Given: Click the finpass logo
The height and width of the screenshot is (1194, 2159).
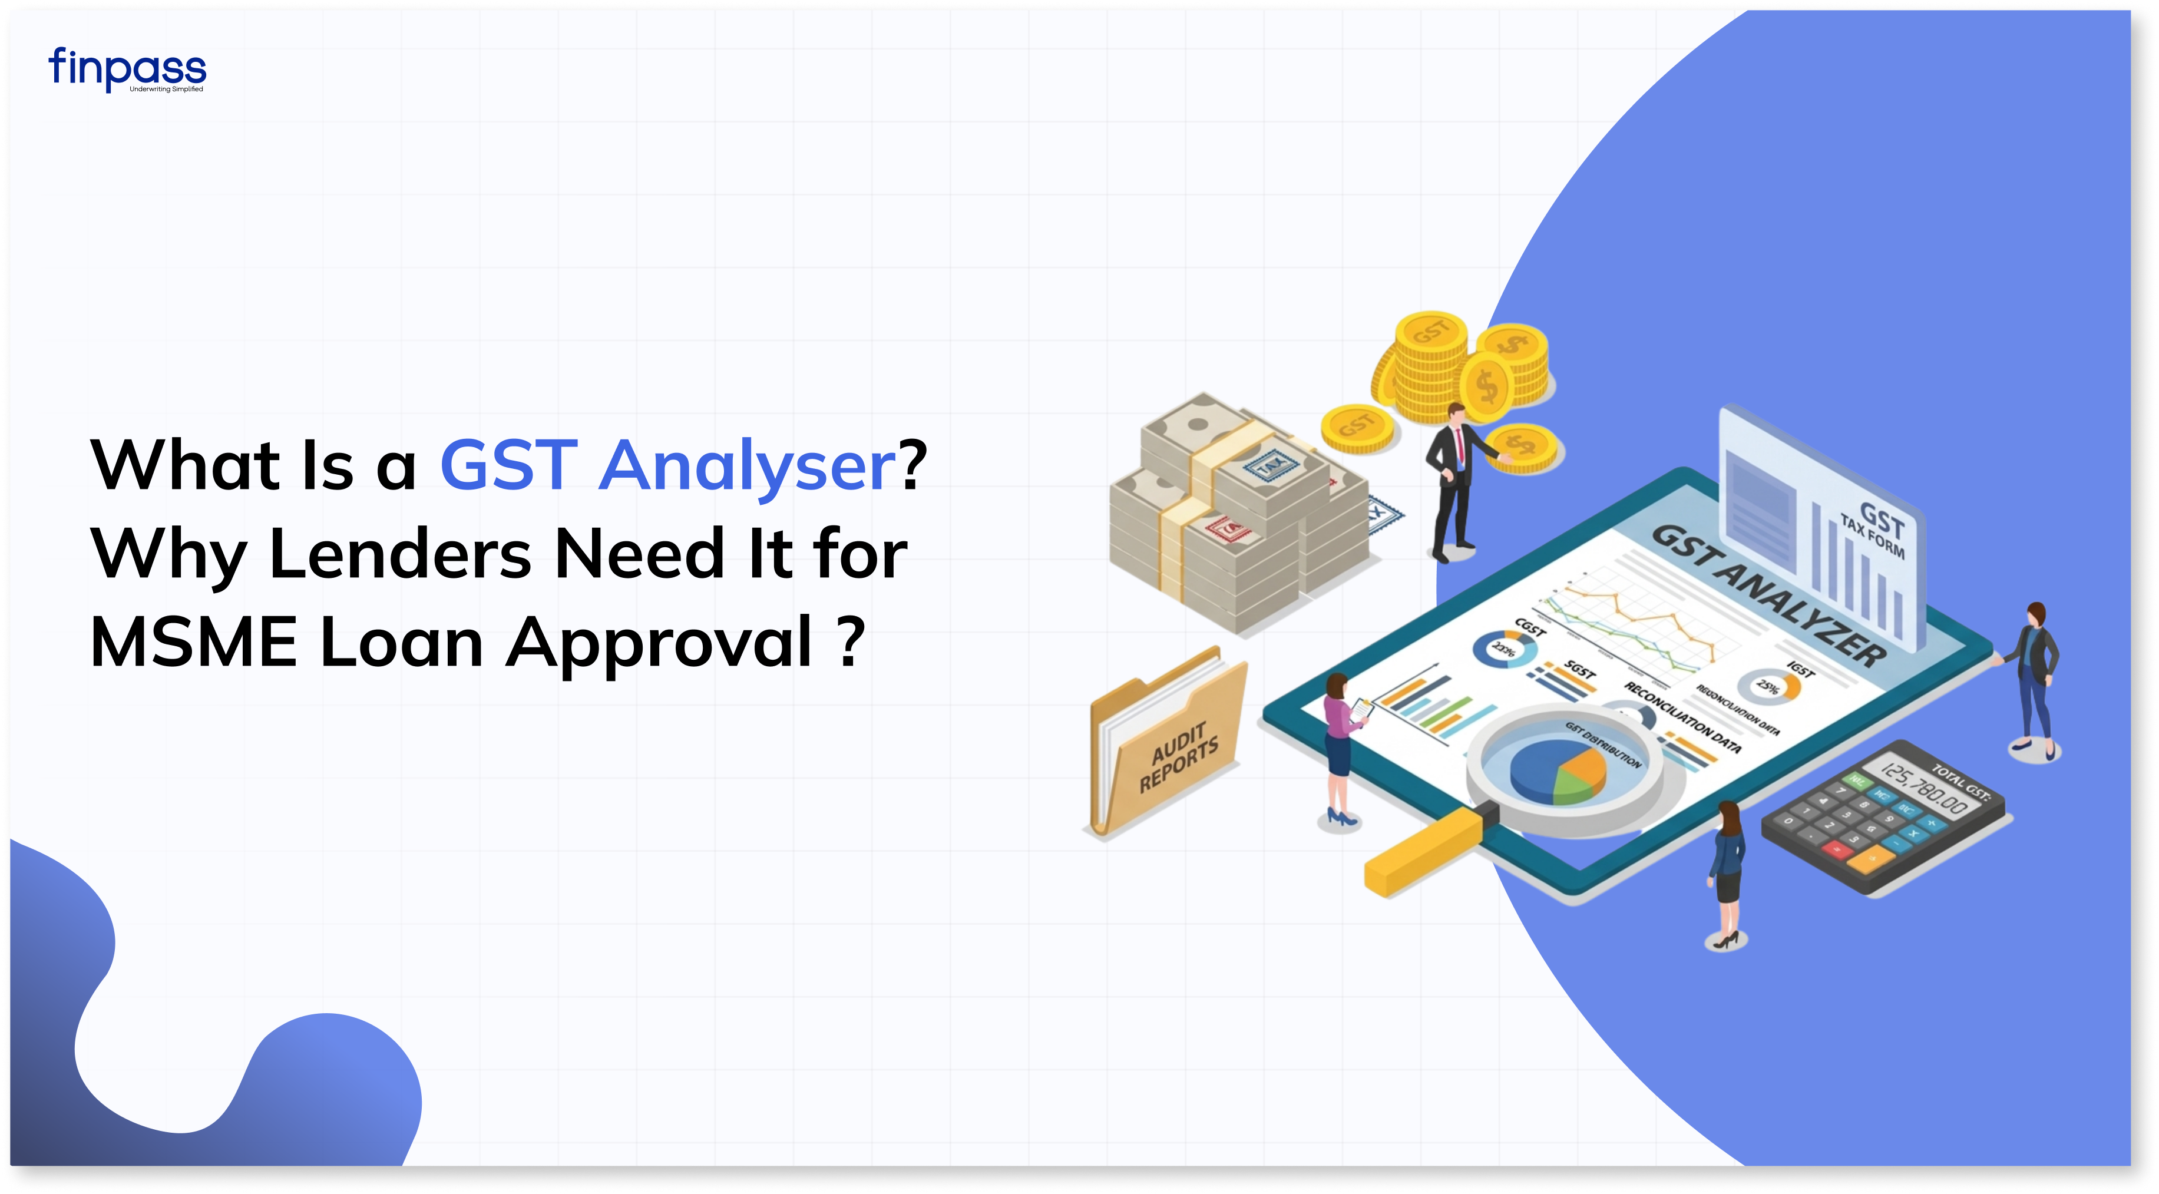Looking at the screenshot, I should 127,69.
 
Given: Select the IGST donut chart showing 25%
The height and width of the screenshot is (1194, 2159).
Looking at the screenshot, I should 1770,686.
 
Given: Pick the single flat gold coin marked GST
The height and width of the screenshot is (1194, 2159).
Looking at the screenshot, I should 1357,427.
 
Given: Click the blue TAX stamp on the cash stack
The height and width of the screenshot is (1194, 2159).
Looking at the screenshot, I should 1271,464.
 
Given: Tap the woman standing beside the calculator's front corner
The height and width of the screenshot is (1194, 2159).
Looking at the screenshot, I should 1727,871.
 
